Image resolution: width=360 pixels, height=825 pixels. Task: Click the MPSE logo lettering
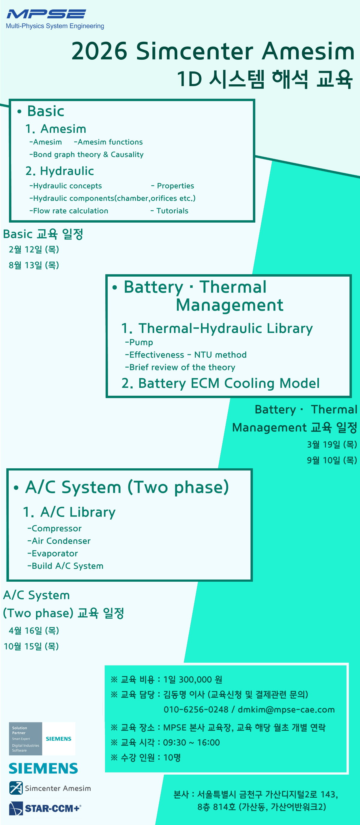click(46, 14)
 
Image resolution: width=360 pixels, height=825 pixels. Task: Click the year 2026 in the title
click(99, 51)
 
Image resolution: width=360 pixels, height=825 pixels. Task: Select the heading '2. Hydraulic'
click(60, 171)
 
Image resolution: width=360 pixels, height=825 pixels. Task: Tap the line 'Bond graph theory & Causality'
click(86, 155)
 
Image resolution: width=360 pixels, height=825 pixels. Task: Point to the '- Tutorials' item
click(169, 211)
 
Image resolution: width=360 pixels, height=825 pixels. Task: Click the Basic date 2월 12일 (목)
click(34, 250)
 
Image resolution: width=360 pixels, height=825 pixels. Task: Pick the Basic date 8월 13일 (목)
click(34, 265)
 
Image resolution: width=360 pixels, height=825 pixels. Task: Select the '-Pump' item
click(139, 342)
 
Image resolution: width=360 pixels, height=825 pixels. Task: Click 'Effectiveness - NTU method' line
click(186, 355)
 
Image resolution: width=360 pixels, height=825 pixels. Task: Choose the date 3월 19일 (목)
click(332, 445)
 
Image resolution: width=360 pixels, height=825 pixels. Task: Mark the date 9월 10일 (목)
click(332, 460)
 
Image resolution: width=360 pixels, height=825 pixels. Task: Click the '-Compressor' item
click(54, 528)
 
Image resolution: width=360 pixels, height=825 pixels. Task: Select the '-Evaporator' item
click(52, 553)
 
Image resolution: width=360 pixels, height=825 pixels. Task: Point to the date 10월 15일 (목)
click(31, 646)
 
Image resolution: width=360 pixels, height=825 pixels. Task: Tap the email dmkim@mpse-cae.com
click(286, 710)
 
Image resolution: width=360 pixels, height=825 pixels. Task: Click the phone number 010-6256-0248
click(196, 710)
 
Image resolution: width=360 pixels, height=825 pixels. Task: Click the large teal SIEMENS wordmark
click(43, 768)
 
